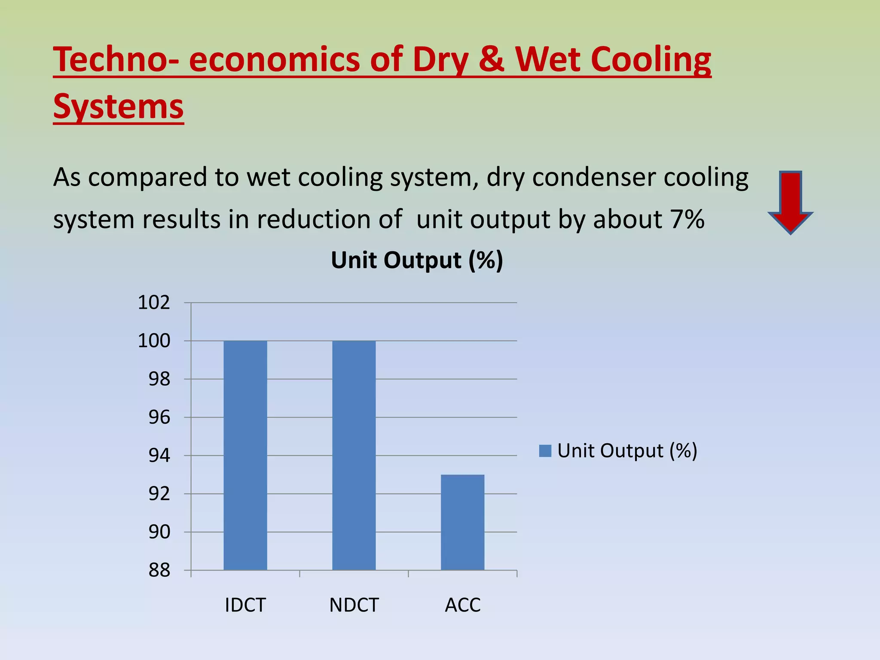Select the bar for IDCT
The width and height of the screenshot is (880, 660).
pos(245,455)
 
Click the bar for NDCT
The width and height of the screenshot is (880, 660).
pos(354,455)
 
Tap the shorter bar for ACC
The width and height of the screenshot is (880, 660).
pos(463,522)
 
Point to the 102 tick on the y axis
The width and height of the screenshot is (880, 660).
pos(154,303)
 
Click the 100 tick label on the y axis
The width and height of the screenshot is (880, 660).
pos(154,341)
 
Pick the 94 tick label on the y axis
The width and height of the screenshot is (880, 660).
pos(159,455)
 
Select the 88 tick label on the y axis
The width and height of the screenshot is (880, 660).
pos(159,571)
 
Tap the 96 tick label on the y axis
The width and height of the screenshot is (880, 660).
pos(159,418)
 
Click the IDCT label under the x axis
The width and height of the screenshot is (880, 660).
pos(245,605)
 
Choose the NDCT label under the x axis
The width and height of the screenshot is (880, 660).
pos(354,605)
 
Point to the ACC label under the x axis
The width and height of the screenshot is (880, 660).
pos(463,605)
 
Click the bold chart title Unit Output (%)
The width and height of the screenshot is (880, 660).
pos(417,260)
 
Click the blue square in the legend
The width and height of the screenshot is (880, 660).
pos(545,451)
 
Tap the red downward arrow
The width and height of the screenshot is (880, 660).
pos(790,202)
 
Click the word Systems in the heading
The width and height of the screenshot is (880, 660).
pos(119,107)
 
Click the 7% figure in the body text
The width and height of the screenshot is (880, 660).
pos(687,220)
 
